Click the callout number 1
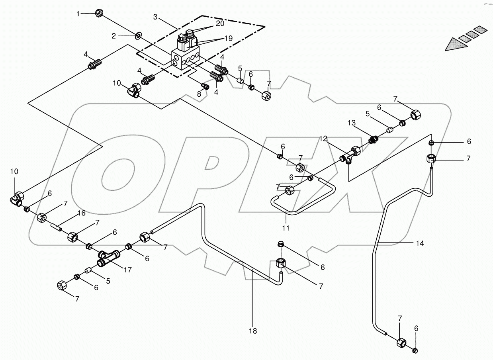[x=79, y=14]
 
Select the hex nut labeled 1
[x=100, y=14]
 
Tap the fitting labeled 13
[x=374, y=139]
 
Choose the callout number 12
[x=323, y=138]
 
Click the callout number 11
[x=286, y=228]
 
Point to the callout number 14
[x=420, y=243]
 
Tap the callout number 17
[x=127, y=270]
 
